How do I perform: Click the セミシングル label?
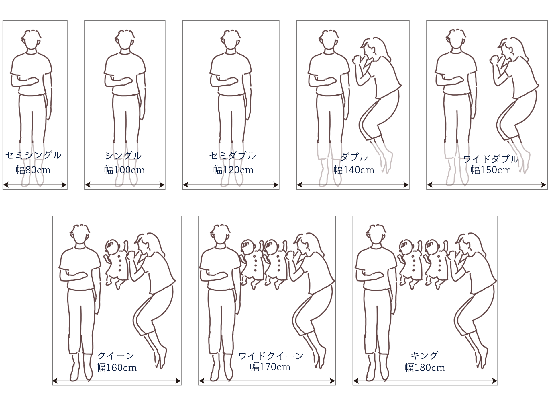pyautogui.click(x=33, y=155)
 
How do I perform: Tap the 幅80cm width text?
pyautogui.click(x=33, y=170)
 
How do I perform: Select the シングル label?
pyautogui.click(x=123, y=156)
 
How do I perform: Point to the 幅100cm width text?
pyautogui.click(x=125, y=170)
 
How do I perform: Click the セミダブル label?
pyautogui.click(x=232, y=156)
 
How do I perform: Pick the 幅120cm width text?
pyautogui.click(x=233, y=170)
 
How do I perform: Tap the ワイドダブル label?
pyautogui.click(x=491, y=159)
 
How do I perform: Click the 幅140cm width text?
pyautogui.click(x=354, y=170)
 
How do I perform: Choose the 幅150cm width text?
pyautogui.click(x=491, y=170)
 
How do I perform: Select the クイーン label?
pyautogui.click(x=116, y=356)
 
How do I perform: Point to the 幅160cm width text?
pyautogui.click(x=117, y=368)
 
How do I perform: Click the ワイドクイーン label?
pyautogui.click(x=271, y=356)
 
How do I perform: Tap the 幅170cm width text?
pyautogui.click(x=270, y=367)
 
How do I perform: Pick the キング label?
pyautogui.click(x=425, y=356)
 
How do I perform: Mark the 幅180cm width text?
pyautogui.click(x=425, y=368)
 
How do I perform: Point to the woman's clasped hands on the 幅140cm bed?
pyautogui.click(x=356, y=60)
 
